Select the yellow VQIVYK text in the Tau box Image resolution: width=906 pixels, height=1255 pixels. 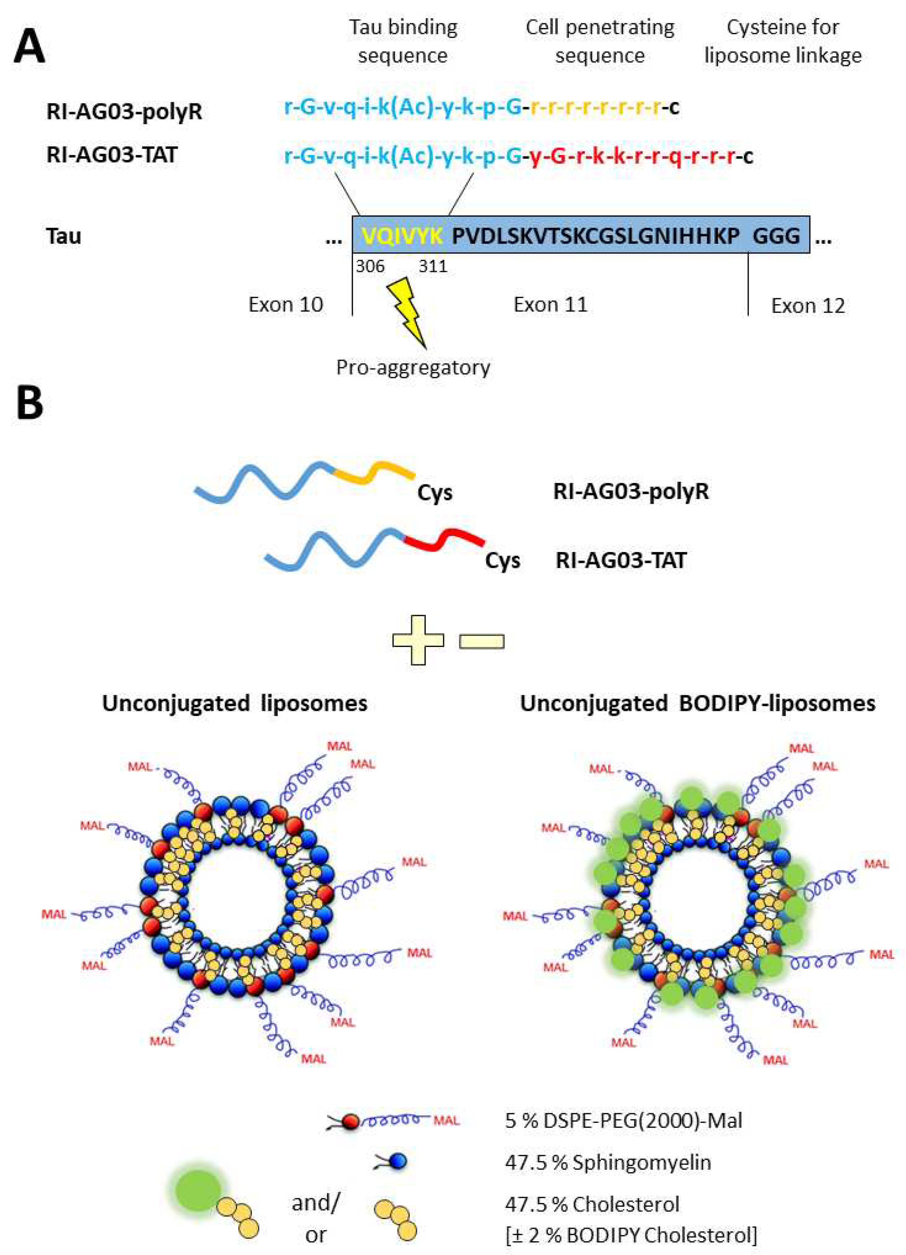click(x=402, y=236)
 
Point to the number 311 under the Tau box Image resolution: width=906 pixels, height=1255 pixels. click(x=432, y=267)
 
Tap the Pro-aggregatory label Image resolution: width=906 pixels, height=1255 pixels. click(x=413, y=367)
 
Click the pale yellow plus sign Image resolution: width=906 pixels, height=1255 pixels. click(x=418, y=640)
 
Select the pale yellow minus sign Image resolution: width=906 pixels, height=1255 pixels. click(x=482, y=641)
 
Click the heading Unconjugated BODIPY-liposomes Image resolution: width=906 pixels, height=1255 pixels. click(x=698, y=704)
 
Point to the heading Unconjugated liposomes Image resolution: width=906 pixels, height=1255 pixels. click(x=234, y=704)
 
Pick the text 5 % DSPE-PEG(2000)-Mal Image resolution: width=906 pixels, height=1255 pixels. click(x=623, y=1121)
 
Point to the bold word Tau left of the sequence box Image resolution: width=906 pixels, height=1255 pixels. click(x=64, y=236)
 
